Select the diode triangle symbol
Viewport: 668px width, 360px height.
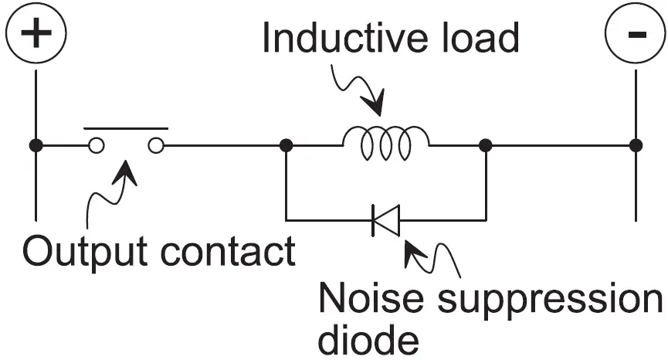pyautogui.click(x=385, y=220)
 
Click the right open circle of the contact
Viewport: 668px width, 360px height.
pyautogui.click(x=156, y=145)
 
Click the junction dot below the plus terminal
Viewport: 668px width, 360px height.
pyautogui.click(x=36, y=145)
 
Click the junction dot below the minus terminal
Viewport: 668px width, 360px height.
pyautogui.click(x=635, y=145)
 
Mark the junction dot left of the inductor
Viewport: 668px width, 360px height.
pyautogui.click(x=286, y=145)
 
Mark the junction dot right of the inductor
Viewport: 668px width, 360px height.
pyautogui.click(x=487, y=145)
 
